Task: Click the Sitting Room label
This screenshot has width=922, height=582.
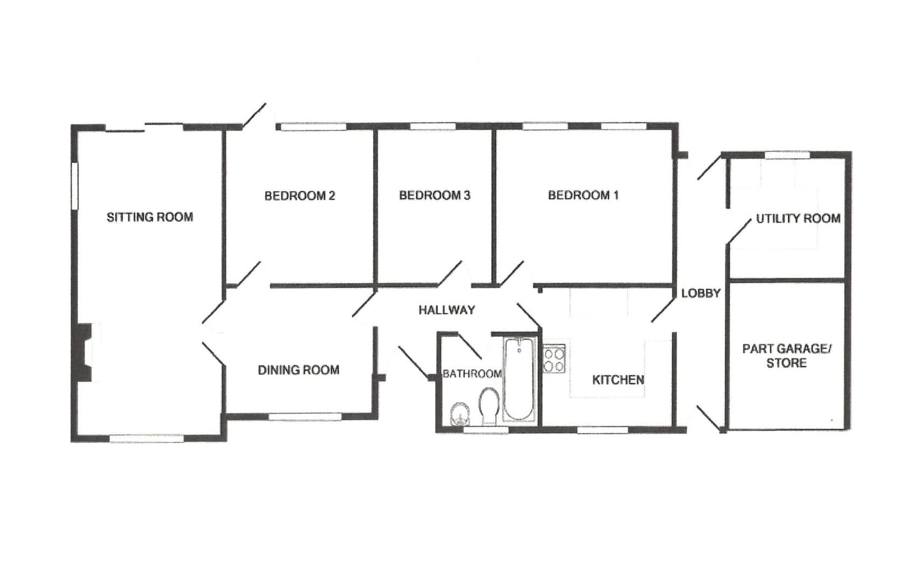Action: tap(149, 217)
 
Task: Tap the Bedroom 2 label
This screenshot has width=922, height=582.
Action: tap(299, 196)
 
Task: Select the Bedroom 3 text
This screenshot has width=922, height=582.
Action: tap(435, 195)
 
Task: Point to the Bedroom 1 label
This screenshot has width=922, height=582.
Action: tap(583, 195)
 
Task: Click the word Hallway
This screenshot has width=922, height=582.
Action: tap(446, 310)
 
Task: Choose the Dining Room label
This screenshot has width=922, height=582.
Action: tap(298, 370)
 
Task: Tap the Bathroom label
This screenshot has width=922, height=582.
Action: tap(472, 374)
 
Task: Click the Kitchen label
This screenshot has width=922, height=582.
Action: tap(618, 380)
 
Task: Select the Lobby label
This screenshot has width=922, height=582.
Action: tap(700, 293)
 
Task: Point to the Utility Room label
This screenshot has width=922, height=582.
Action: tap(798, 218)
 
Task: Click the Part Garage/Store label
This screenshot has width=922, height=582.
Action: tap(787, 356)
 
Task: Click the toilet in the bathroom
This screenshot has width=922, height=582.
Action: tap(489, 407)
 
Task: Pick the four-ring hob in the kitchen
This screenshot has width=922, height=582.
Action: tap(554, 359)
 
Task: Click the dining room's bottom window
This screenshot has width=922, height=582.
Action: tap(305, 416)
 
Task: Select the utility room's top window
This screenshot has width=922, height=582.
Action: tap(787, 155)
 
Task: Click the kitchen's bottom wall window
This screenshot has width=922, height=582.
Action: tap(602, 430)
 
